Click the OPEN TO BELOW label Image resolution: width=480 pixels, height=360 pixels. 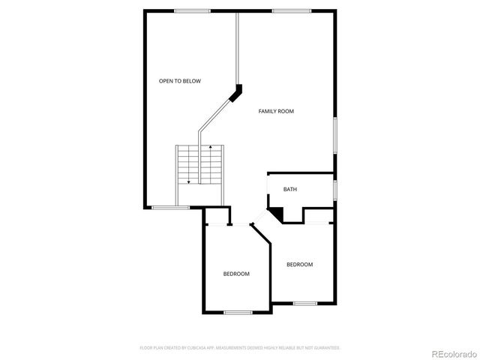point(179,81)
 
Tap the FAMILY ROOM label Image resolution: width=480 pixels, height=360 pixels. point(276,111)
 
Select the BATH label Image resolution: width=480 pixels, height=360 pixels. point(289,189)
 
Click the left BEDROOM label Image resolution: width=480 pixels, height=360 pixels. point(236,274)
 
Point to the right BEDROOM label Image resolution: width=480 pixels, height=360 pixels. point(299,264)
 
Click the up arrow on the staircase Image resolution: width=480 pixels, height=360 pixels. point(211,148)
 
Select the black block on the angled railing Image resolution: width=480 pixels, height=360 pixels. point(237,91)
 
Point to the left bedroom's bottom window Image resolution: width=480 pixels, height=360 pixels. point(237,312)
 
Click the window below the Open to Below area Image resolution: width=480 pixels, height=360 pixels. point(165,207)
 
